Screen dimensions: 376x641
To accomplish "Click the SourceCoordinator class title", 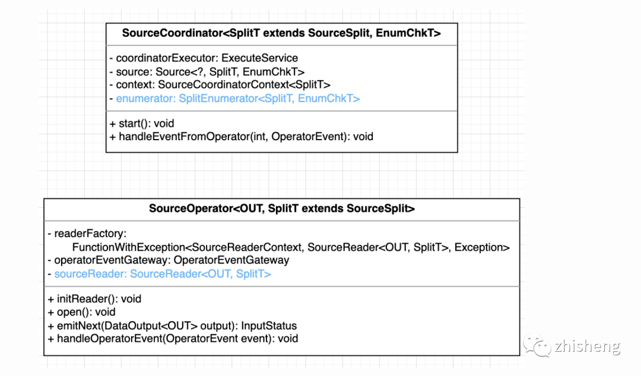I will pyautogui.click(x=281, y=33).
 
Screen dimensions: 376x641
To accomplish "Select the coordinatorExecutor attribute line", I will pyautogui.click(x=204, y=58).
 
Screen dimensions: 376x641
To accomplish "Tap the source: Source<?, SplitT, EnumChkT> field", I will pyautogui.click(x=207, y=72).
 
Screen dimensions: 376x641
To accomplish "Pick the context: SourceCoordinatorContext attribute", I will pyautogui.click(x=220, y=85).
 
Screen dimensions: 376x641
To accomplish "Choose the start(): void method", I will pyautogui.click(x=142, y=124).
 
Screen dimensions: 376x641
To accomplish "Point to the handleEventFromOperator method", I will pyautogui.click(x=242, y=137).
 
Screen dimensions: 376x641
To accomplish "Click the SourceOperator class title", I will pyautogui.click(x=281, y=208).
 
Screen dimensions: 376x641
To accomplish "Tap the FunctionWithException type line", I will pyautogui.click(x=291, y=247).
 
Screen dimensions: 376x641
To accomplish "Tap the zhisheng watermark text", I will pyautogui.click(x=587, y=346).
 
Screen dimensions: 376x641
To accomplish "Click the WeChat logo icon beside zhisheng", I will pyautogui.click(x=536, y=346).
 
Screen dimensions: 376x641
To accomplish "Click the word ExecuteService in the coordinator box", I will pyautogui.click(x=259, y=58).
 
